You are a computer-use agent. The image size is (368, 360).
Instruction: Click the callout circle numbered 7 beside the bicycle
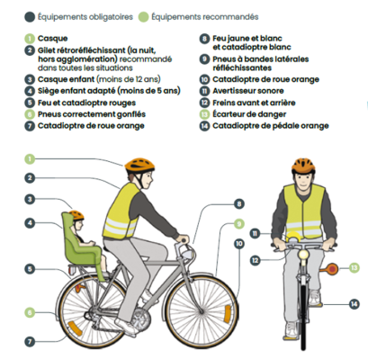coord(30,341)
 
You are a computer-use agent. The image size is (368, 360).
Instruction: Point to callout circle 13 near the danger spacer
coord(353,267)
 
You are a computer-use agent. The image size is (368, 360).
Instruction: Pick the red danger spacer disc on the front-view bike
coord(332,268)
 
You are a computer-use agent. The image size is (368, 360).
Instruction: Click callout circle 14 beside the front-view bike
coord(353,305)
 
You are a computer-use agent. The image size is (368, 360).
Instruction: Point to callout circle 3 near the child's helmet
coord(30,200)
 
